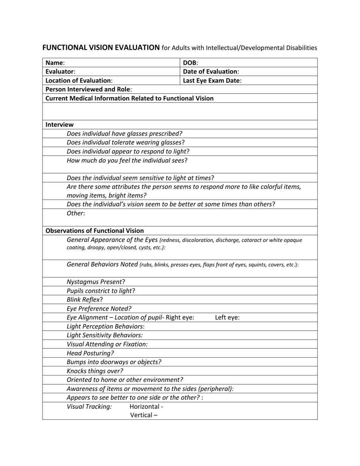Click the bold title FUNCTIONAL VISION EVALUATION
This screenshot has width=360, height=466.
click(101, 48)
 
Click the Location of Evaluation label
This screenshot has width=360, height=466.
click(79, 80)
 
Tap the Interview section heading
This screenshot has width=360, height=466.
click(59, 125)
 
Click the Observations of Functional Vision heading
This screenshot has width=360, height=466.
click(94, 231)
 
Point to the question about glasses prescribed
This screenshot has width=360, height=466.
click(124, 134)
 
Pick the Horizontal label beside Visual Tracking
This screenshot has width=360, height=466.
click(146, 407)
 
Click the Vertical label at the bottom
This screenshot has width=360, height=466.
click(144, 415)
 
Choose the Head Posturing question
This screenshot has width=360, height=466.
click(90, 353)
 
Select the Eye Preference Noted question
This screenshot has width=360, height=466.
click(99, 309)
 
